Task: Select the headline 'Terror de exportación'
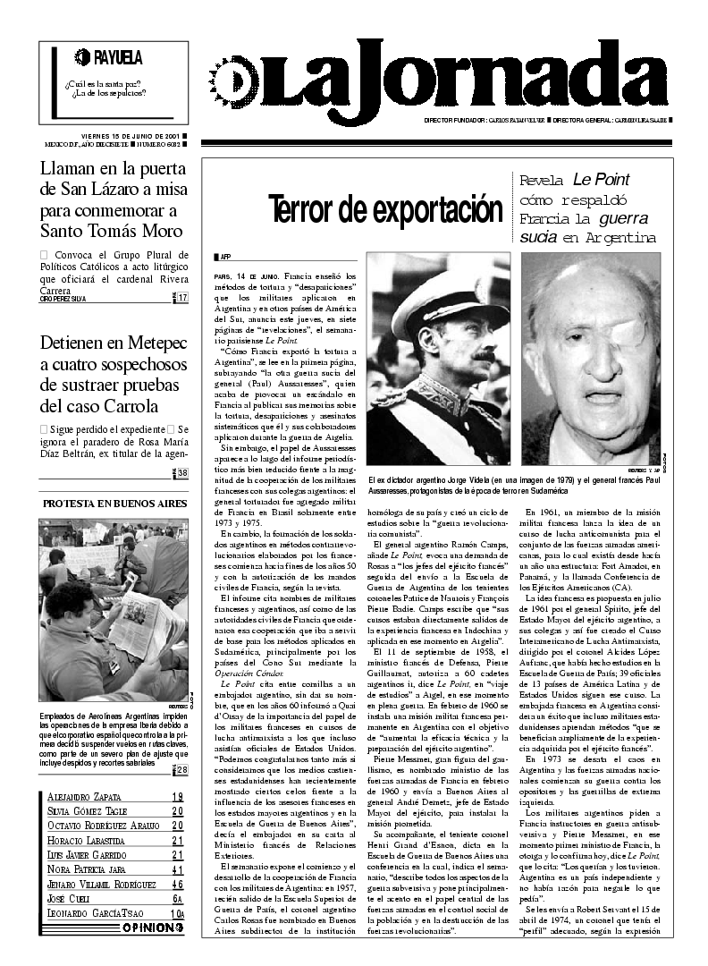(385, 209)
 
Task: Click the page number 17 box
(182, 298)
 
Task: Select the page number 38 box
(182, 474)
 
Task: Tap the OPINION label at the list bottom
(153, 928)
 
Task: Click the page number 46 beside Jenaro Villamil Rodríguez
(178, 883)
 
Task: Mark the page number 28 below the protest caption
(182, 770)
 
